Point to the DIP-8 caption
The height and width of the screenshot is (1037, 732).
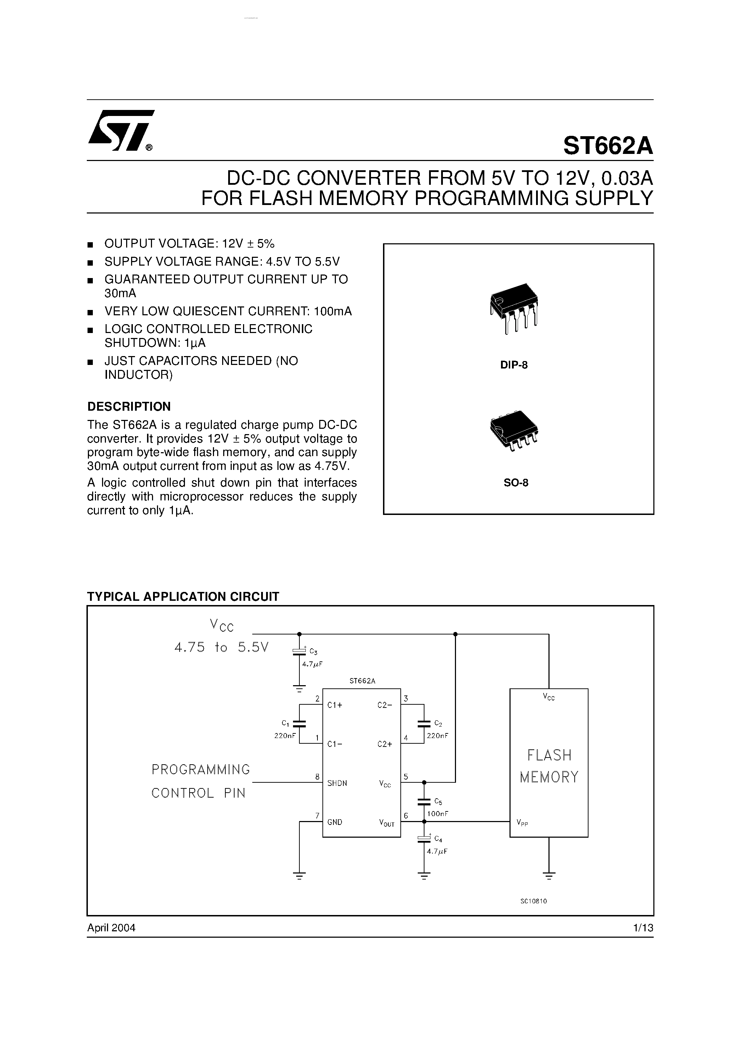[514, 365]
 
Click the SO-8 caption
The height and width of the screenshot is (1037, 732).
[516, 482]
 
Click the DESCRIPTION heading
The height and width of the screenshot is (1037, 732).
[129, 406]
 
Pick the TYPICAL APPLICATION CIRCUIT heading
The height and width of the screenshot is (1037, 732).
[183, 597]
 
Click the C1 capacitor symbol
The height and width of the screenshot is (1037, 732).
[299, 723]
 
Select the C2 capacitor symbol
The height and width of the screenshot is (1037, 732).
[424, 723]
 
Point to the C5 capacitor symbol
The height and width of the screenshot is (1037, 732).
[424, 802]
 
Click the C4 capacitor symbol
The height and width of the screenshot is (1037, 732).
[424, 839]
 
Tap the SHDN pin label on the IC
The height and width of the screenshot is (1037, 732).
[337, 783]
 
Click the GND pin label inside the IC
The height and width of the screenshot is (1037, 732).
[335, 822]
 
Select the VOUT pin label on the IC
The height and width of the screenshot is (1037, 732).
[387, 823]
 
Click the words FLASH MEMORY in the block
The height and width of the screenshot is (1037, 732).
[549, 766]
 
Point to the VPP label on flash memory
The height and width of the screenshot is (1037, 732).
[522, 822]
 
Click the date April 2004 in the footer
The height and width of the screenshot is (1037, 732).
[111, 928]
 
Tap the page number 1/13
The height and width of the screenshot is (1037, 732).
[643, 928]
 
